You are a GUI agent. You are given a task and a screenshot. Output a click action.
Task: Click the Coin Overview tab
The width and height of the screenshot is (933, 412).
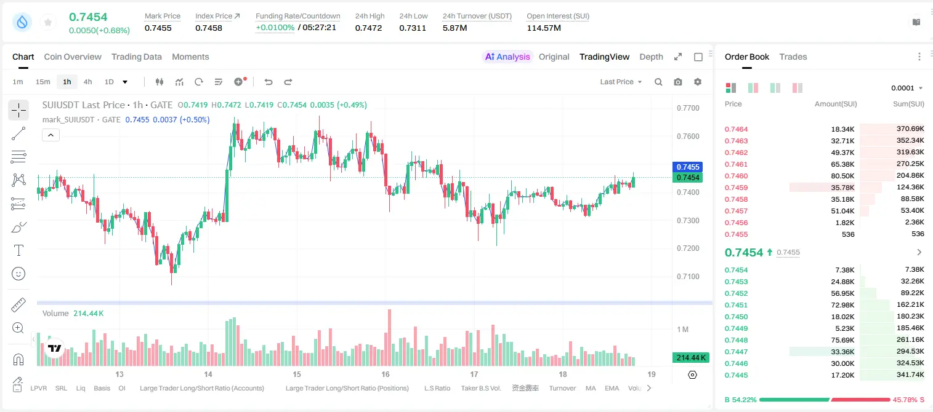coord(73,57)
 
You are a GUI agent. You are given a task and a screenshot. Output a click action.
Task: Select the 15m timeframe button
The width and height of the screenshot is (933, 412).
coord(42,82)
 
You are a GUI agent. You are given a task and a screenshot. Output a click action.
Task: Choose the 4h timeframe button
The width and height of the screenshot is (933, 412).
coord(87,82)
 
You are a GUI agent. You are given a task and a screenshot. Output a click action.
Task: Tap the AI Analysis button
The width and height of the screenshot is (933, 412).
coord(507,57)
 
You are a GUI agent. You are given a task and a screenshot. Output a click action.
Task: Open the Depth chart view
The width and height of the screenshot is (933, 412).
coord(651,57)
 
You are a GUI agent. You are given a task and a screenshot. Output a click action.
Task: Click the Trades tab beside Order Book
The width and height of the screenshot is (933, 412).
coord(793,57)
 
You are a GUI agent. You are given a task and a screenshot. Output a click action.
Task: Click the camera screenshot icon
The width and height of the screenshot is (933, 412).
coord(678,82)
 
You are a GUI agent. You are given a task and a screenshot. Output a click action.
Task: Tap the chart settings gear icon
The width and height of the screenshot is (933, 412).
coord(698,82)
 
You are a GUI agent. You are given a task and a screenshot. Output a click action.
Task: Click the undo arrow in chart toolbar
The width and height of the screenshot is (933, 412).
coord(269,82)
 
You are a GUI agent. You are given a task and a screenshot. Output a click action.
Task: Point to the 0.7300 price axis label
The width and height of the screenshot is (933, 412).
coord(688,220)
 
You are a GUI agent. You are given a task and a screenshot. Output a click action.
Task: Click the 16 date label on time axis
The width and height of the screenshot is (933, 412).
coord(386,374)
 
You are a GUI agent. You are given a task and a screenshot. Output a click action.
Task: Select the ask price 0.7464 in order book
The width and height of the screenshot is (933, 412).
coord(736,129)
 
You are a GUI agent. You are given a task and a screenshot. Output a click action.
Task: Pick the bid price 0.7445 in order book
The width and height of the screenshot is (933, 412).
coord(736,375)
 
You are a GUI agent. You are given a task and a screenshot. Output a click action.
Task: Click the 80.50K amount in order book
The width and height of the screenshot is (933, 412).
coord(842,176)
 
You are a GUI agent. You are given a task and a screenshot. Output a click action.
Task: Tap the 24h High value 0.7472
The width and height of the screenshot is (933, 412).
coord(368,28)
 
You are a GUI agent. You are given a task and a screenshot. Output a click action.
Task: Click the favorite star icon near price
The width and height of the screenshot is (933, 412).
coord(48,22)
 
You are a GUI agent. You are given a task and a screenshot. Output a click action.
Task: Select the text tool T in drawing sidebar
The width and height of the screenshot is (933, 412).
coord(18,250)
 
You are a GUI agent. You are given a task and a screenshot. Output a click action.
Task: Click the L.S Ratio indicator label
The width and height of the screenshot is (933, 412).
coord(437,388)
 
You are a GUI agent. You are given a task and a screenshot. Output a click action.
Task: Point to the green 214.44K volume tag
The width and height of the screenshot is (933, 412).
coord(691,357)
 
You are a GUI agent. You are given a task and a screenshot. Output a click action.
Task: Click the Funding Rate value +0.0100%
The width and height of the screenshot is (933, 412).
coord(275,28)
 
